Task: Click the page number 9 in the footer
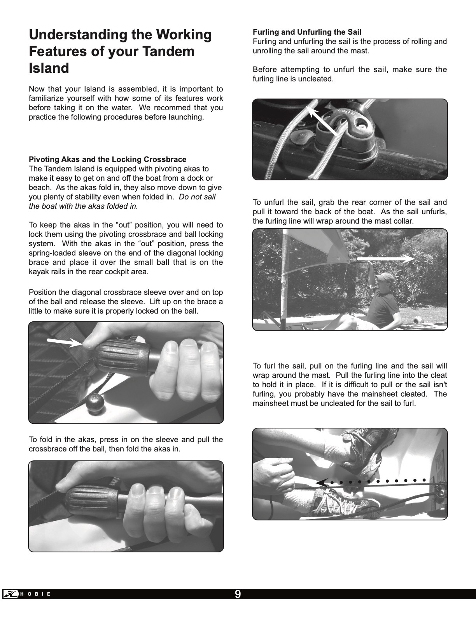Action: pyautogui.click(x=238, y=594)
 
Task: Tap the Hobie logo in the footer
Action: pyautogui.click(x=27, y=594)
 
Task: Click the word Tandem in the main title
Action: pyautogui.click(x=168, y=51)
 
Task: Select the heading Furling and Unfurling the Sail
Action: pyautogui.click(x=307, y=32)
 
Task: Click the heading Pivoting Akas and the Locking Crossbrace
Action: pyautogui.click(x=107, y=159)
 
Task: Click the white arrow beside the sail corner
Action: pyautogui.click(x=385, y=259)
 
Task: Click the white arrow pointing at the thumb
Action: pyautogui.click(x=64, y=342)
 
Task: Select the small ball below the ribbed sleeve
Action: pyautogui.click(x=94, y=404)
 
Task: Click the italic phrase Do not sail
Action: pyautogui.click(x=197, y=197)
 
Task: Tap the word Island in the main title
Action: pyautogui.click(x=49, y=68)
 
